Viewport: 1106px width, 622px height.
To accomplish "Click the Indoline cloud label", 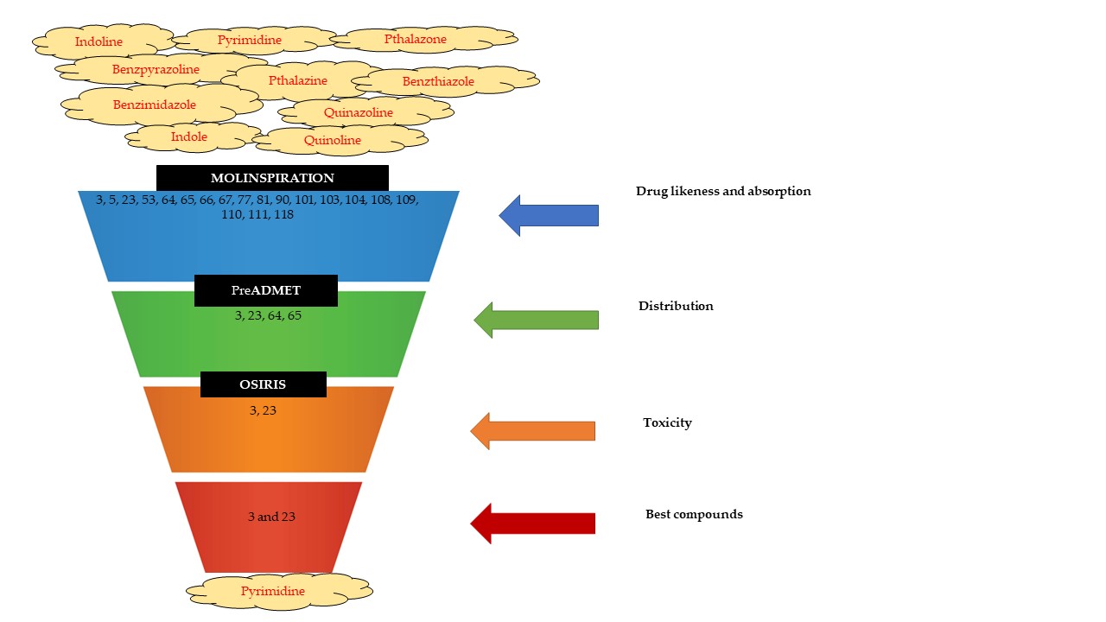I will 99,41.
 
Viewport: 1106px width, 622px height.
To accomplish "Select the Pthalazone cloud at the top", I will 416,39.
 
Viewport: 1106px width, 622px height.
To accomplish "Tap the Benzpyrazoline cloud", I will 156,69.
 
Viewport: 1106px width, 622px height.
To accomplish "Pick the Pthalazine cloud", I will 298,80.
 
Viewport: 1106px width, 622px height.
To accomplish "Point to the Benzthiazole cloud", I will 438,82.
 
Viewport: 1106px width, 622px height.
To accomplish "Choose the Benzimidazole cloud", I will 155,105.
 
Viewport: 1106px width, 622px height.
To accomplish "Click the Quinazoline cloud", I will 359,112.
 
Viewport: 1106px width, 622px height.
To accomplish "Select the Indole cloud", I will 188,136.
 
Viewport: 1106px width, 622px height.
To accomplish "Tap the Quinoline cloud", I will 333,140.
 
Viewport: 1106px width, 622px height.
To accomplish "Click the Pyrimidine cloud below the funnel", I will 272,592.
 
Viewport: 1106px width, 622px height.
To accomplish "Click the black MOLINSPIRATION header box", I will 272,178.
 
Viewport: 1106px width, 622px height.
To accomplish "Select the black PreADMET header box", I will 265,290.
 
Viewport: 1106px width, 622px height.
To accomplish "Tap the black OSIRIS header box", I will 263,384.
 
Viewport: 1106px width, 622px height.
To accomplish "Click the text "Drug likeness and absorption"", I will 723,191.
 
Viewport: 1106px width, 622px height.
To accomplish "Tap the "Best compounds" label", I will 694,514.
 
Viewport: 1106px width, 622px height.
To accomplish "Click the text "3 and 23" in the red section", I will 271,517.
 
